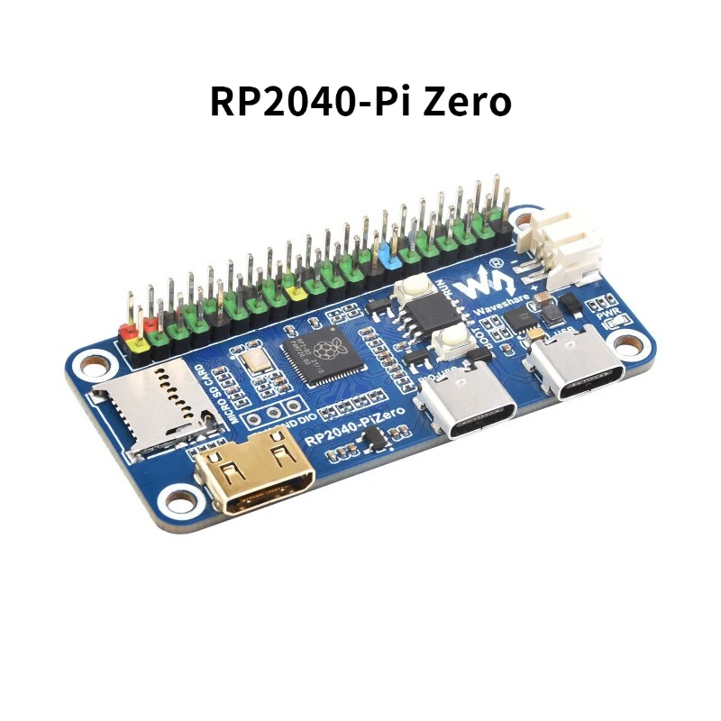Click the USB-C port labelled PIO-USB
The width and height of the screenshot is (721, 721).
[x=469, y=407]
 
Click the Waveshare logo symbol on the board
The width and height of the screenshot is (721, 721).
[x=479, y=283]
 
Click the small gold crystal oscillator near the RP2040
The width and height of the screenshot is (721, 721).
[x=254, y=363]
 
